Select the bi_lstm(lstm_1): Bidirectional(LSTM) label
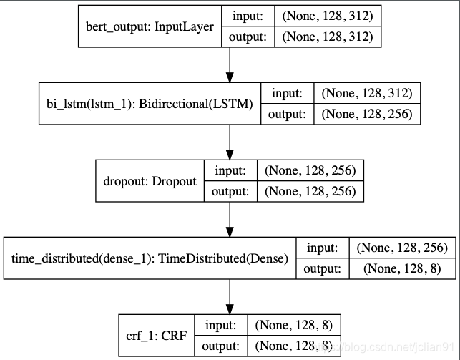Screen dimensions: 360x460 coord(148,104)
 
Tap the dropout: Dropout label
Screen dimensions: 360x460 coord(150,180)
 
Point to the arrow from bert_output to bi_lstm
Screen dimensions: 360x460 coord(229,65)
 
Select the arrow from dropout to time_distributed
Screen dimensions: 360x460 coord(229,219)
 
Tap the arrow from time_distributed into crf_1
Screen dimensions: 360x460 coord(229,296)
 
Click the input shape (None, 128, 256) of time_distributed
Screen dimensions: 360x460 coord(403,248)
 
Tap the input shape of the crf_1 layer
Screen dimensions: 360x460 coord(293,324)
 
